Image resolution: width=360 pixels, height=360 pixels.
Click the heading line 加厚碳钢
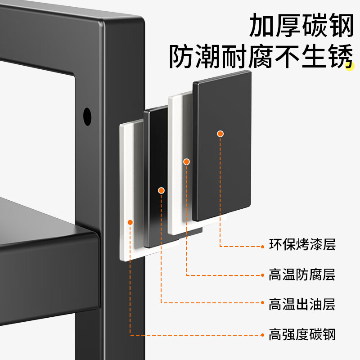click(x=301, y=26)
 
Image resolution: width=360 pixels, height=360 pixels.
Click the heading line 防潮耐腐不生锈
click(x=260, y=58)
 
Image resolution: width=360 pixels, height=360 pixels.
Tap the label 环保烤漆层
click(x=302, y=246)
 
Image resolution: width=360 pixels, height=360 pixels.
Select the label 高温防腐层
click(x=302, y=274)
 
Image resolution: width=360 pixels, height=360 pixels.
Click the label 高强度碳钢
click(x=302, y=334)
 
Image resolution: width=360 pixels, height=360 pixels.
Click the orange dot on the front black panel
click(x=220, y=134)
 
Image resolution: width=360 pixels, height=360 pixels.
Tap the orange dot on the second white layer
click(x=186, y=162)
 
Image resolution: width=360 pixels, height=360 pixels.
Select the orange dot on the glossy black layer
click(x=161, y=190)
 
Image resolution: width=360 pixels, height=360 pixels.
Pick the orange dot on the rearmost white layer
click(x=130, y=222)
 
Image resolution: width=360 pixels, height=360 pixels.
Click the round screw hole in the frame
click(x=87, y=117)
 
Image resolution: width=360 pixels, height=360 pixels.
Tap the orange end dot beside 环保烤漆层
click(x=263, y=246)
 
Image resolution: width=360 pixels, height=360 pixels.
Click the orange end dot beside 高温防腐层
click(x=263, y=275)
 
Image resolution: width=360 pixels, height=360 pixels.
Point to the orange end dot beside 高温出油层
click(x=263, y=304)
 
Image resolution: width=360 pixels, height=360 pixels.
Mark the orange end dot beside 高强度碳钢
click(x=263, y=334)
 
